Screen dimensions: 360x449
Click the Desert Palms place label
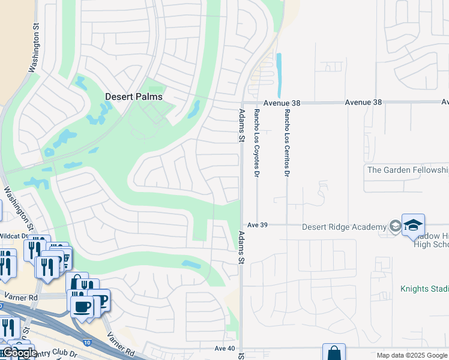coord(134,96)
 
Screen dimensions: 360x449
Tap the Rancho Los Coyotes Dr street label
coord(257,142)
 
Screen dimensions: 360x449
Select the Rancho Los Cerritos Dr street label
coord(287,142)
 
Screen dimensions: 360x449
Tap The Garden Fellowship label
coord(407,170)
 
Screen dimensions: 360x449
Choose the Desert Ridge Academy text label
coord(344,227)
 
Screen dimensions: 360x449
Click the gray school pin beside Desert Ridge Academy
coord(395,226)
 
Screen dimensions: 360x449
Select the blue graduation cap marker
coord(413,225)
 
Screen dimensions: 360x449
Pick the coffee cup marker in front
coord(82,307)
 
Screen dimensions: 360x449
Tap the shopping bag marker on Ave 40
coord(334,353)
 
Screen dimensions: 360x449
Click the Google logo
coord(20,353)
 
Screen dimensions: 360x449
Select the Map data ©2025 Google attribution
coord(412,355)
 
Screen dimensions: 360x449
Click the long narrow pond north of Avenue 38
coord(279,75)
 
